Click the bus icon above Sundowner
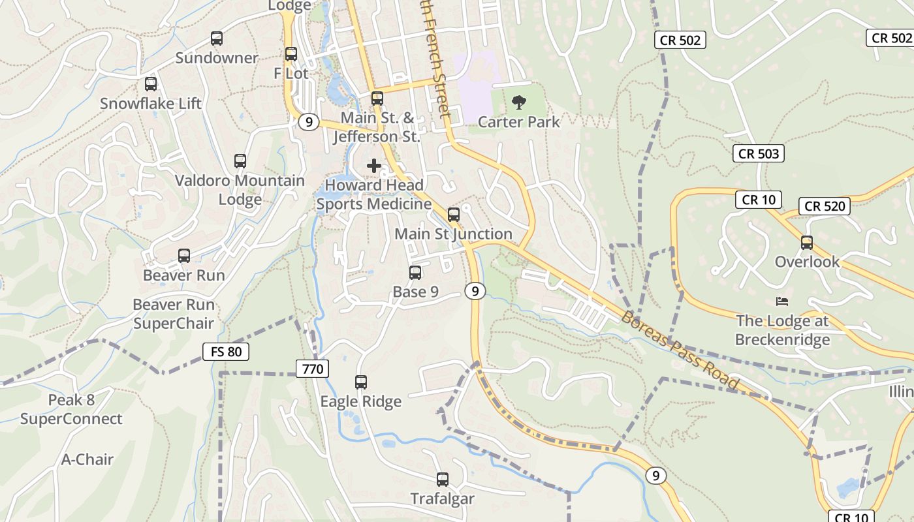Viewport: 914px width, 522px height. [x=217, y=38]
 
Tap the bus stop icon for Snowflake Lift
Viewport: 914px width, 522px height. [x=151, y=84]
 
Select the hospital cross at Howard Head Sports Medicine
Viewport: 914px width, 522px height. [x=374, y=166]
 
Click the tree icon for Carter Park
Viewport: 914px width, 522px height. [x=519, y=102]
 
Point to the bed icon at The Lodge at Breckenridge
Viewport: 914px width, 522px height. [x=782, y=301]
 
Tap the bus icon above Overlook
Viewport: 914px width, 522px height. [x=807, y=243]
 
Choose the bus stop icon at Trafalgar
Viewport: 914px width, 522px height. [x=443, y=480]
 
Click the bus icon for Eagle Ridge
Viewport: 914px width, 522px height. [x=361, y=382]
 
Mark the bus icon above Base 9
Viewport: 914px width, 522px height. [x=415, y=273]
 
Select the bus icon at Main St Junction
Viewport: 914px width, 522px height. [x=454, y=215]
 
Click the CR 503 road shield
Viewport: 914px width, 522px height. [x=758, y=154]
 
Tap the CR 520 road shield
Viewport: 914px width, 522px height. [x=825, y=206]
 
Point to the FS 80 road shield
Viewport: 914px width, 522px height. [x=225, y=352]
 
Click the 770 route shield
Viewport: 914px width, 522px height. [x=313, y=369]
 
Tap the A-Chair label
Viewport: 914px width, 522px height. [x=87, y=459]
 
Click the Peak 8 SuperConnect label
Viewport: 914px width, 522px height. [x=71, y=409]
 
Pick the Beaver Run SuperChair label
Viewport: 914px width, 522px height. [x=174, y=314]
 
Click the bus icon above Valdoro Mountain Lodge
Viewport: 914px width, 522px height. [x=240, y=161]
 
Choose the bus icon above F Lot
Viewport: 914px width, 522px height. [x=291, y=54]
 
